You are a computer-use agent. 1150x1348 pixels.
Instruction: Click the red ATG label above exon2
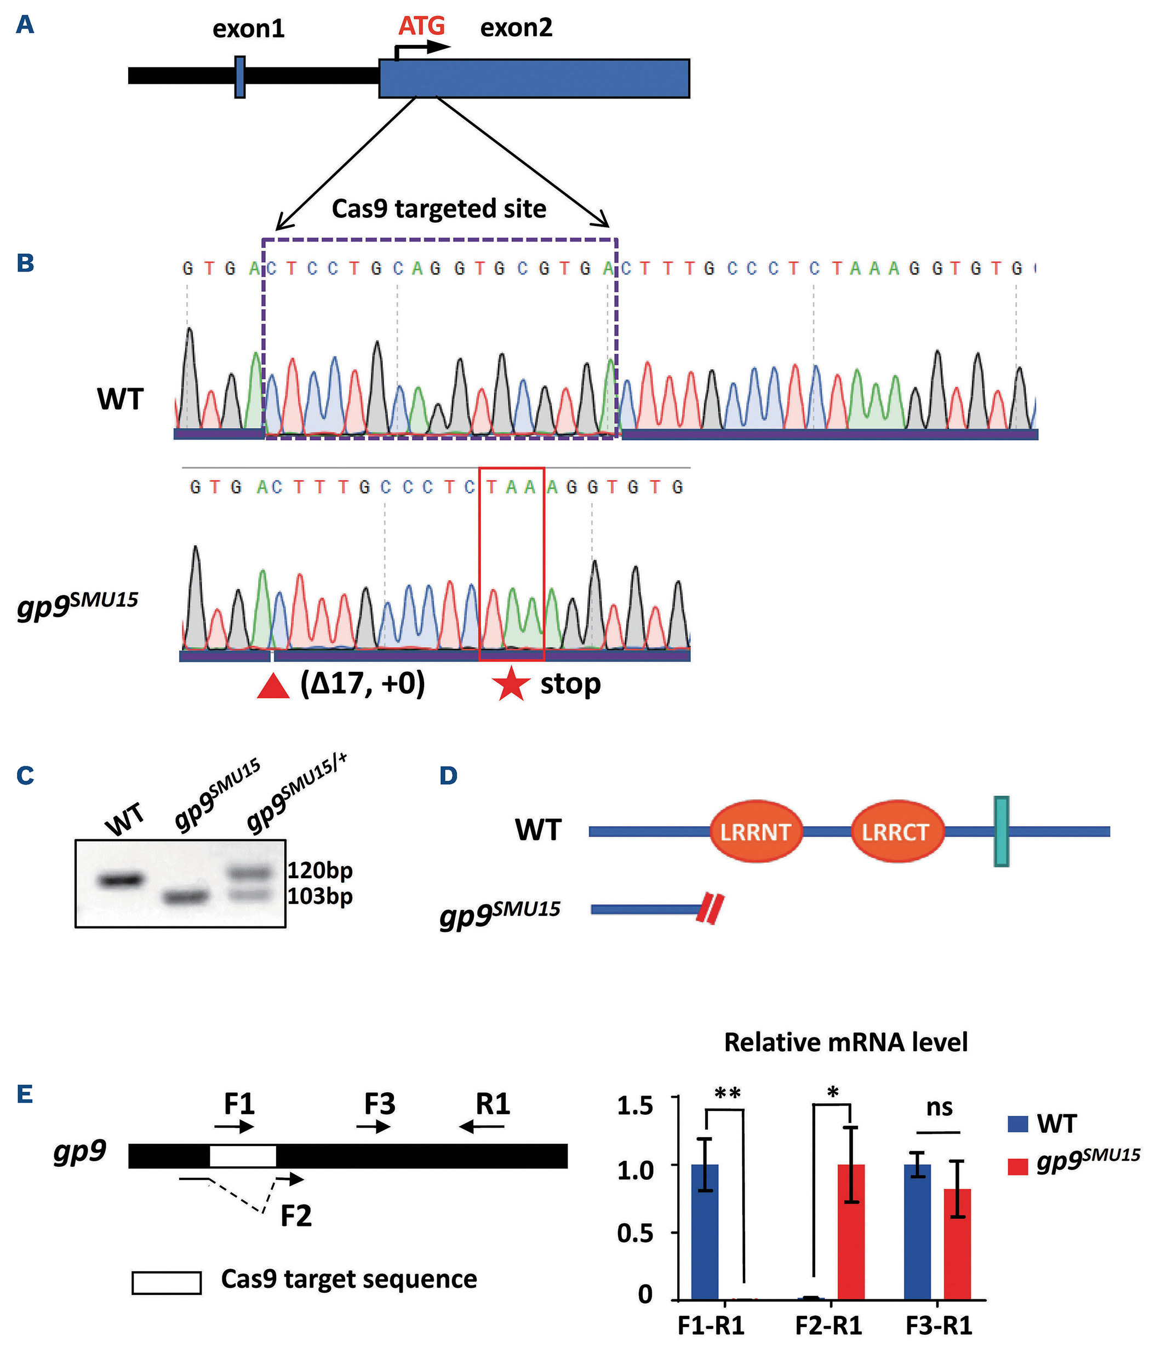(421, 26)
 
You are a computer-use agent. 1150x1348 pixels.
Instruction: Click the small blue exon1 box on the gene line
(239, 77)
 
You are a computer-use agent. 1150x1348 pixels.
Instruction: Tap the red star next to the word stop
(510, 683)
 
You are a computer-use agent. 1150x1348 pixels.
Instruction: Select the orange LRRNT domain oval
(756, 832)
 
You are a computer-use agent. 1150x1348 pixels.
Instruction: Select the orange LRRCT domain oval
(896, 832)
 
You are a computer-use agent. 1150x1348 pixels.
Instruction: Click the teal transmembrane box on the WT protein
(1001, 832)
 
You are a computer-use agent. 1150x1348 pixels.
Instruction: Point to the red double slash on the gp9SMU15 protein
(710, 909)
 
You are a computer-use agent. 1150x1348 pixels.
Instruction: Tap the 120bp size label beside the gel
(320, 871)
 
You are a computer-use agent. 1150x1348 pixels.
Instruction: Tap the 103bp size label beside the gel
(320, 896)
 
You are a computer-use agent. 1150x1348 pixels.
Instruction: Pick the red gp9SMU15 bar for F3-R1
(957, 1244)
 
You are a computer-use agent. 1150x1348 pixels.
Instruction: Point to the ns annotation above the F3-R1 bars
(939, 1107)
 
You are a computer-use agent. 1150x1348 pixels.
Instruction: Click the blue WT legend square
(1017, 1124)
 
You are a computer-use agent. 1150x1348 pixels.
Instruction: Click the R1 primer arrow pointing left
(481, 1126)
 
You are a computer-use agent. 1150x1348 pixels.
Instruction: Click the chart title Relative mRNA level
(845, 1042)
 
